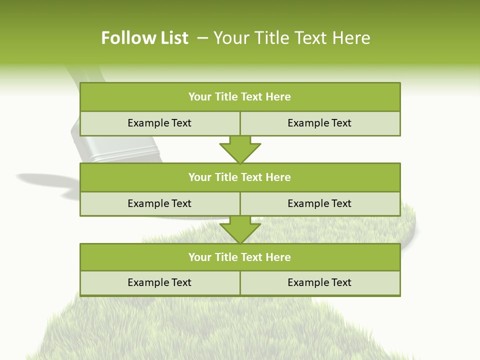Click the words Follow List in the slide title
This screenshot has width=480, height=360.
click(144, 38)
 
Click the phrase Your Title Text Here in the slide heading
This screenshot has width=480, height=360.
click(292, 38)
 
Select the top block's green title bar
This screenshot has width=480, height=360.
click(240, 97)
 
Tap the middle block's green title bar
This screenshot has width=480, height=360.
click(240, 177)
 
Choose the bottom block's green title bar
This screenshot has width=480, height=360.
click(240, 257)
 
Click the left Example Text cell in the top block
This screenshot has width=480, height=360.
click(159, 123)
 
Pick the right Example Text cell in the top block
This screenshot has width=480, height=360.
click(319, 123)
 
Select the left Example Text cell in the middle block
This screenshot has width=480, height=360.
click(159, 203)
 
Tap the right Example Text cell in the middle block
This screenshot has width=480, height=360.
click(319, 203)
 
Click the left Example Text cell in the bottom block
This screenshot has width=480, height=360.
click(159, 282)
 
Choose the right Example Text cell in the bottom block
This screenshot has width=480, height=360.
click(319, 282)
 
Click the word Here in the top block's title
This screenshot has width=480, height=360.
click(278, 97)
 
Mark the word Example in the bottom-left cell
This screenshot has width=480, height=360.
click(146, 282)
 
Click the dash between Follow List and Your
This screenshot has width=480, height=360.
click(202, 38)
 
